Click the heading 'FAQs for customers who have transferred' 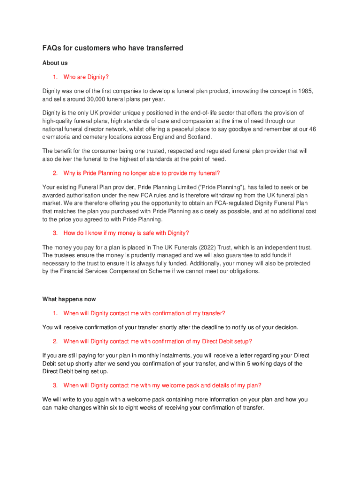pos(113,48)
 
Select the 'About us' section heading pos(55,63)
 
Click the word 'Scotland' pos(199,137)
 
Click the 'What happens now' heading pos(69,299)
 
